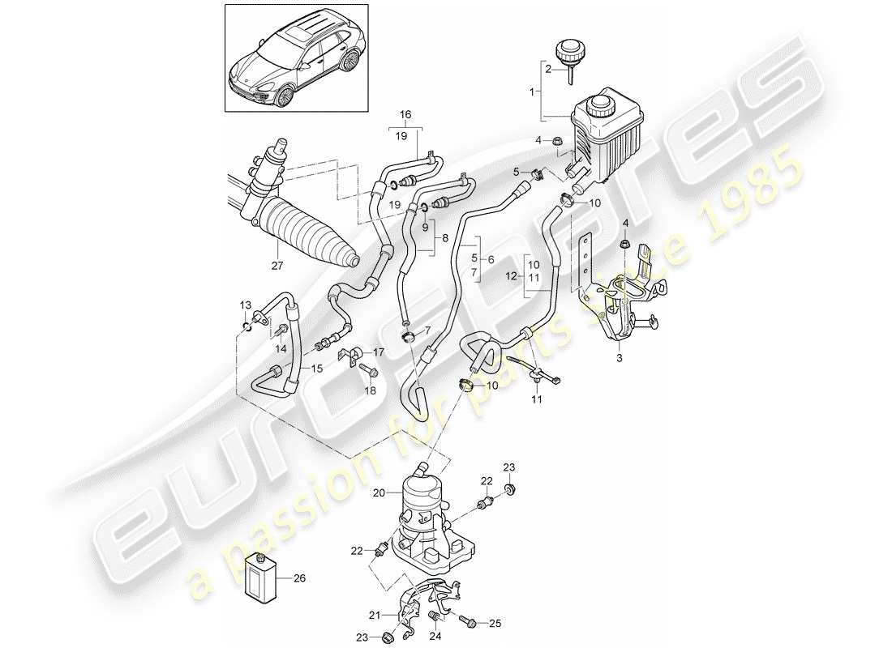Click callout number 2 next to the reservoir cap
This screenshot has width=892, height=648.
(549, 70)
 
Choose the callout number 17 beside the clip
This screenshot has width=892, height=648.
(379, 352)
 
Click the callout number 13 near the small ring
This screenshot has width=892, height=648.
(246, 305)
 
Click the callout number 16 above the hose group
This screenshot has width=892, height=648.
(405, 114)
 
